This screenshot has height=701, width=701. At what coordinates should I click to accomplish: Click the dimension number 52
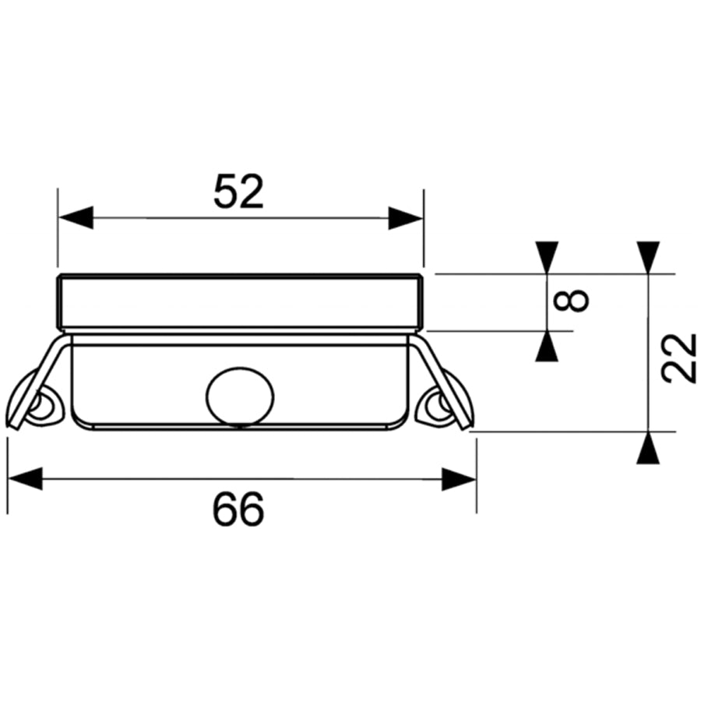239,192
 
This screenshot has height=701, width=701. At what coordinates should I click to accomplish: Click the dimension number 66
238,509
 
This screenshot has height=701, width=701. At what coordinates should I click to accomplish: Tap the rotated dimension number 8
571,301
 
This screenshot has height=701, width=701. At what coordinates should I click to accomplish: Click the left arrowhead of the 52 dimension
76,218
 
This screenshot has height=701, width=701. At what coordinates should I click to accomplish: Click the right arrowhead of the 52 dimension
406,218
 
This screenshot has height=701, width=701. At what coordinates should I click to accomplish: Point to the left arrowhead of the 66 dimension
26,479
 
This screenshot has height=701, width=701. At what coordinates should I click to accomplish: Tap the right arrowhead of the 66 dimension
459,479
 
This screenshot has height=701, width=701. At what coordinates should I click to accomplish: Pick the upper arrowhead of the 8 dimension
548,257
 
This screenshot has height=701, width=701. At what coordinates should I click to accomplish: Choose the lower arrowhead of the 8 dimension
548,346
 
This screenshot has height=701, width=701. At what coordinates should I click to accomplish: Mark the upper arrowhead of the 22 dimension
648,257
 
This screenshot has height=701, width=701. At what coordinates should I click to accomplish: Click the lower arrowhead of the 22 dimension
648,448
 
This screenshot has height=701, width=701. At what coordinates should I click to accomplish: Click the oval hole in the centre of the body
240,396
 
